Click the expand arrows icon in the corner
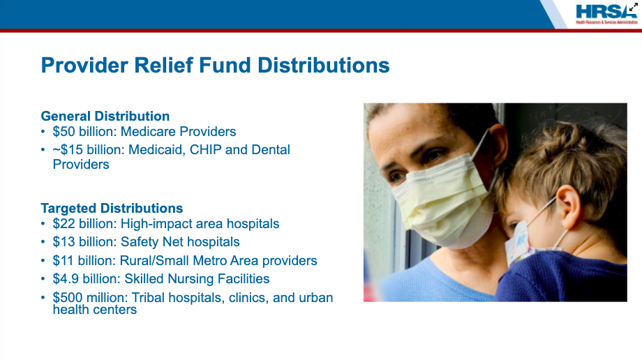(634, 6)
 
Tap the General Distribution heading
(105, 117)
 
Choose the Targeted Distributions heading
(112, 208)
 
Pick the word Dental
(271, 149)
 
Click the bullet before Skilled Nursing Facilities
(43, 279)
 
